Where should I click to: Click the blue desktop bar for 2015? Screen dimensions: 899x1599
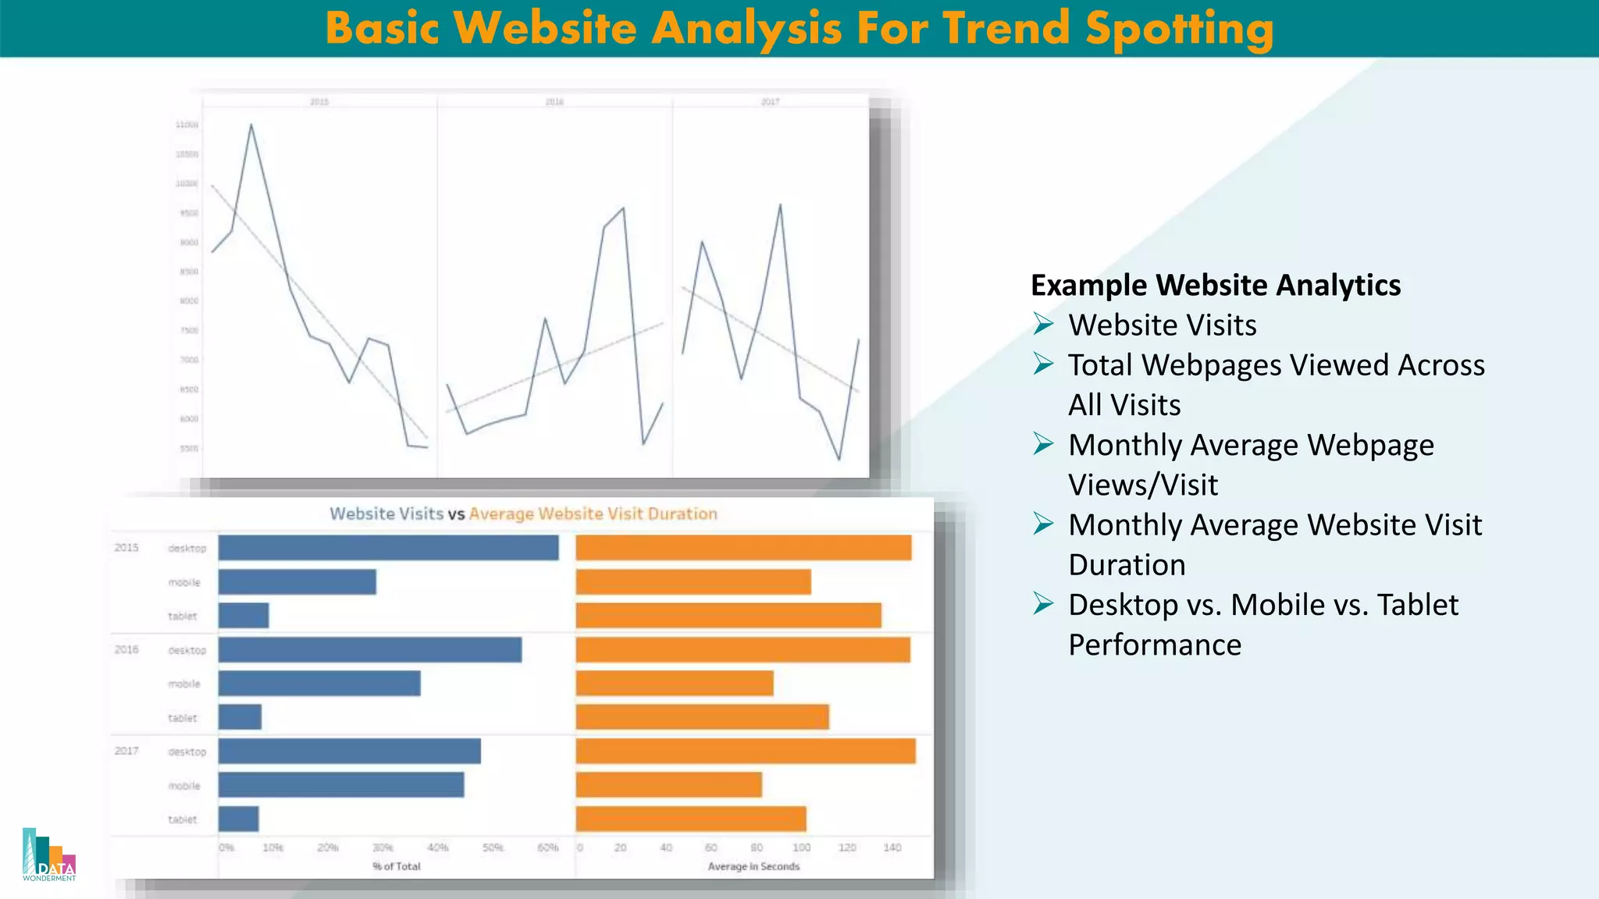click(388, 548)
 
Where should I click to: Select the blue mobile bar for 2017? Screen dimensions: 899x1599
click(341, 785)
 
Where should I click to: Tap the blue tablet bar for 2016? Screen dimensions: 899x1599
click(240, 717)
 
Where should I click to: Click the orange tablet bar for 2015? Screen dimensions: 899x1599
click(728, 616)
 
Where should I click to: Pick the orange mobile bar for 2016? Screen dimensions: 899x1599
click(675, 684)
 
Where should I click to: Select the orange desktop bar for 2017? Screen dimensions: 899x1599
click(746, 752)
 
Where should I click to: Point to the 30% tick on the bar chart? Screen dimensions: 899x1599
click(383, 847)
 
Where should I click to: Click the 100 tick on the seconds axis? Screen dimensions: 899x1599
click(802, 847)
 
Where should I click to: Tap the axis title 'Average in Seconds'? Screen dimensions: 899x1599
click(753, 866)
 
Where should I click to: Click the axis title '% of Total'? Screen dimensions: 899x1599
click(397, 866)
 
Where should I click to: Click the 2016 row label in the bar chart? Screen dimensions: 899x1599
click(126, 649)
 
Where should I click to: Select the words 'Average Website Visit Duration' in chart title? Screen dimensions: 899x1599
click(593, 513)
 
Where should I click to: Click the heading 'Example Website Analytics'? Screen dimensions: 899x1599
click(1216, 285)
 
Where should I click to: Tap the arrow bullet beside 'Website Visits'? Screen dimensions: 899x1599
click(1043, 323)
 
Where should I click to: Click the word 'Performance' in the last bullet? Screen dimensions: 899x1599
click(1155, 645)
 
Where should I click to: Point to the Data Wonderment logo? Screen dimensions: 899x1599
click(49, 855)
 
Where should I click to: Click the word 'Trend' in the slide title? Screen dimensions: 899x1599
click(1006, 28)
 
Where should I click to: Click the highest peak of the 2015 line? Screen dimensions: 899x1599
click(251, 125)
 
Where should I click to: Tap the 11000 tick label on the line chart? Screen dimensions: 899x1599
click(187, 125)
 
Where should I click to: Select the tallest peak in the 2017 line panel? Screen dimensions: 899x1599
click(780, 205)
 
